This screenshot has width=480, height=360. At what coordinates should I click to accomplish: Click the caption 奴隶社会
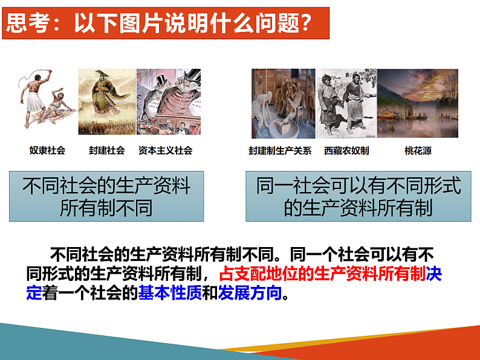(47, 150)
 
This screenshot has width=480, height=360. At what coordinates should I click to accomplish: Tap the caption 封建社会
(107, 150)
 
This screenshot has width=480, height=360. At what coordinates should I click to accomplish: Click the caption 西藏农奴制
(346, 151)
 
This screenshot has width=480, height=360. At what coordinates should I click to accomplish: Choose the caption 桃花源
(418, 151)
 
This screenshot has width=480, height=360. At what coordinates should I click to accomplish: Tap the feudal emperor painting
(106, 101)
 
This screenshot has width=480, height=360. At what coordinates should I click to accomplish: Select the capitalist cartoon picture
(168, 101)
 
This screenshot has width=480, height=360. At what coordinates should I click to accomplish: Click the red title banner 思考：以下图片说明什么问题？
(165, 24)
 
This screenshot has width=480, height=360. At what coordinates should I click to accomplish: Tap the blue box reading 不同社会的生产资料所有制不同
(106, 196)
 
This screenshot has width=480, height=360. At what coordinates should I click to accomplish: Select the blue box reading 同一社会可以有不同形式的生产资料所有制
(358, 196)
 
